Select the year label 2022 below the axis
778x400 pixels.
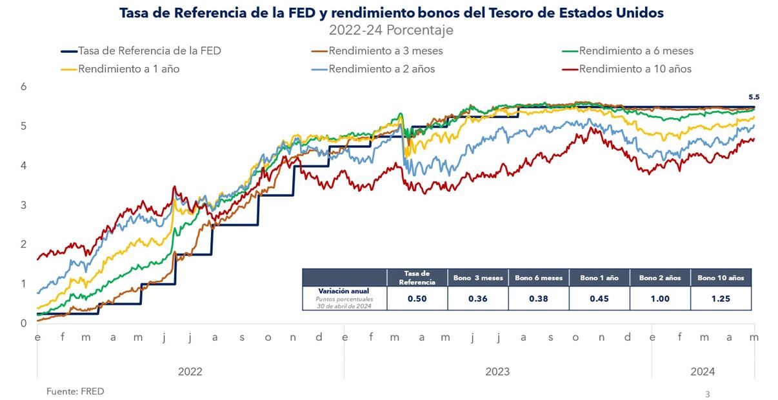[190, 372]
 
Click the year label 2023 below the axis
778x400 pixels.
[497, 372]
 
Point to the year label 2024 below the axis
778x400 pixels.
[703, 372]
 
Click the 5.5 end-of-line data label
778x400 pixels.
[753, 97]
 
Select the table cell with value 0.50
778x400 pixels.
[417, 299]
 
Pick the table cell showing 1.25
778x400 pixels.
[721, 299]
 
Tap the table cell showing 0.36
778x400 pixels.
[478, 299]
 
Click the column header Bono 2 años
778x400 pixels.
[660, 278]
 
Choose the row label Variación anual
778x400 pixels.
[344, 291]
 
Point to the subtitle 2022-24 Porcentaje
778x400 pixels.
[391, 30]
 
